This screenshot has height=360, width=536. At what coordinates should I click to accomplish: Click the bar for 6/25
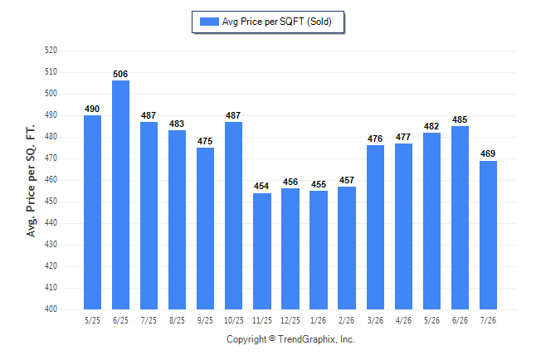tap(120, 195)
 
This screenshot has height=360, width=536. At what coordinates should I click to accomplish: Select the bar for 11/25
tap(262, 251)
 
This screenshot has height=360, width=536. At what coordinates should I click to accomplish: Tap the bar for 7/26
tap(488, 236)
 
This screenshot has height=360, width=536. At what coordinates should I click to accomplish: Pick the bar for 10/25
tap(233, 216)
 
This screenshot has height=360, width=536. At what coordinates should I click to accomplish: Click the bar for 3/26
tap(375, 227)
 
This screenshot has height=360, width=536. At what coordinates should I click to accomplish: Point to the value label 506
tap(120, 74)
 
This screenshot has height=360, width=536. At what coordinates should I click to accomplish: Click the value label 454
tap(261, 186)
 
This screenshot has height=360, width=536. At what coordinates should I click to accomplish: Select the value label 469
tap(488, 153)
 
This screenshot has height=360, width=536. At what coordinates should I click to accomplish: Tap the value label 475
tap(205, 141)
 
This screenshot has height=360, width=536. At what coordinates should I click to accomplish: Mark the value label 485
tap(460, 119)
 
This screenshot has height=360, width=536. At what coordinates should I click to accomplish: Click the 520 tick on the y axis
tap(51, 51)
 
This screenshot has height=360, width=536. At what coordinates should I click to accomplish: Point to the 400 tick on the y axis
tap(51, 309)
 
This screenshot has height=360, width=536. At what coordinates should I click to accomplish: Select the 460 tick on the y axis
tap(51, 179)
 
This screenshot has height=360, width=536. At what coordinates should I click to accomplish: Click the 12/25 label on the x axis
tap(290, 320)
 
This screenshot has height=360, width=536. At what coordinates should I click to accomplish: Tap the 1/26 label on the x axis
tap(319, 320)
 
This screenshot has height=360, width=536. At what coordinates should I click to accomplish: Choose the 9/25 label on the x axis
tap(205, 320)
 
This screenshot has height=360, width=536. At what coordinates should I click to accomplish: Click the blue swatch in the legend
tap(209, 22)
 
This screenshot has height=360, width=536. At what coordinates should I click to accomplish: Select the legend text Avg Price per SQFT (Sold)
tap(277, 22)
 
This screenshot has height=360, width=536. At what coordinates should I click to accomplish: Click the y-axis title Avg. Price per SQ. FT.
tap(31, 181)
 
